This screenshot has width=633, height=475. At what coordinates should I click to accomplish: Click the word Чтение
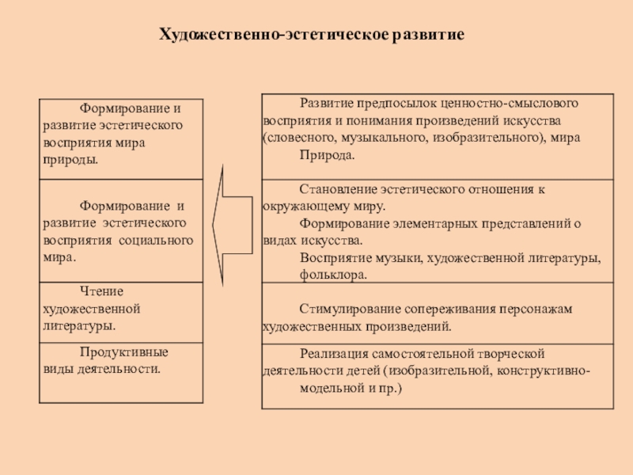coord(101,291)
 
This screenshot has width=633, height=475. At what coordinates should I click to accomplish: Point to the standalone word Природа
coord(327,155)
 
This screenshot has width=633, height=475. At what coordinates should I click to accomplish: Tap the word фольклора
coord(333,275)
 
